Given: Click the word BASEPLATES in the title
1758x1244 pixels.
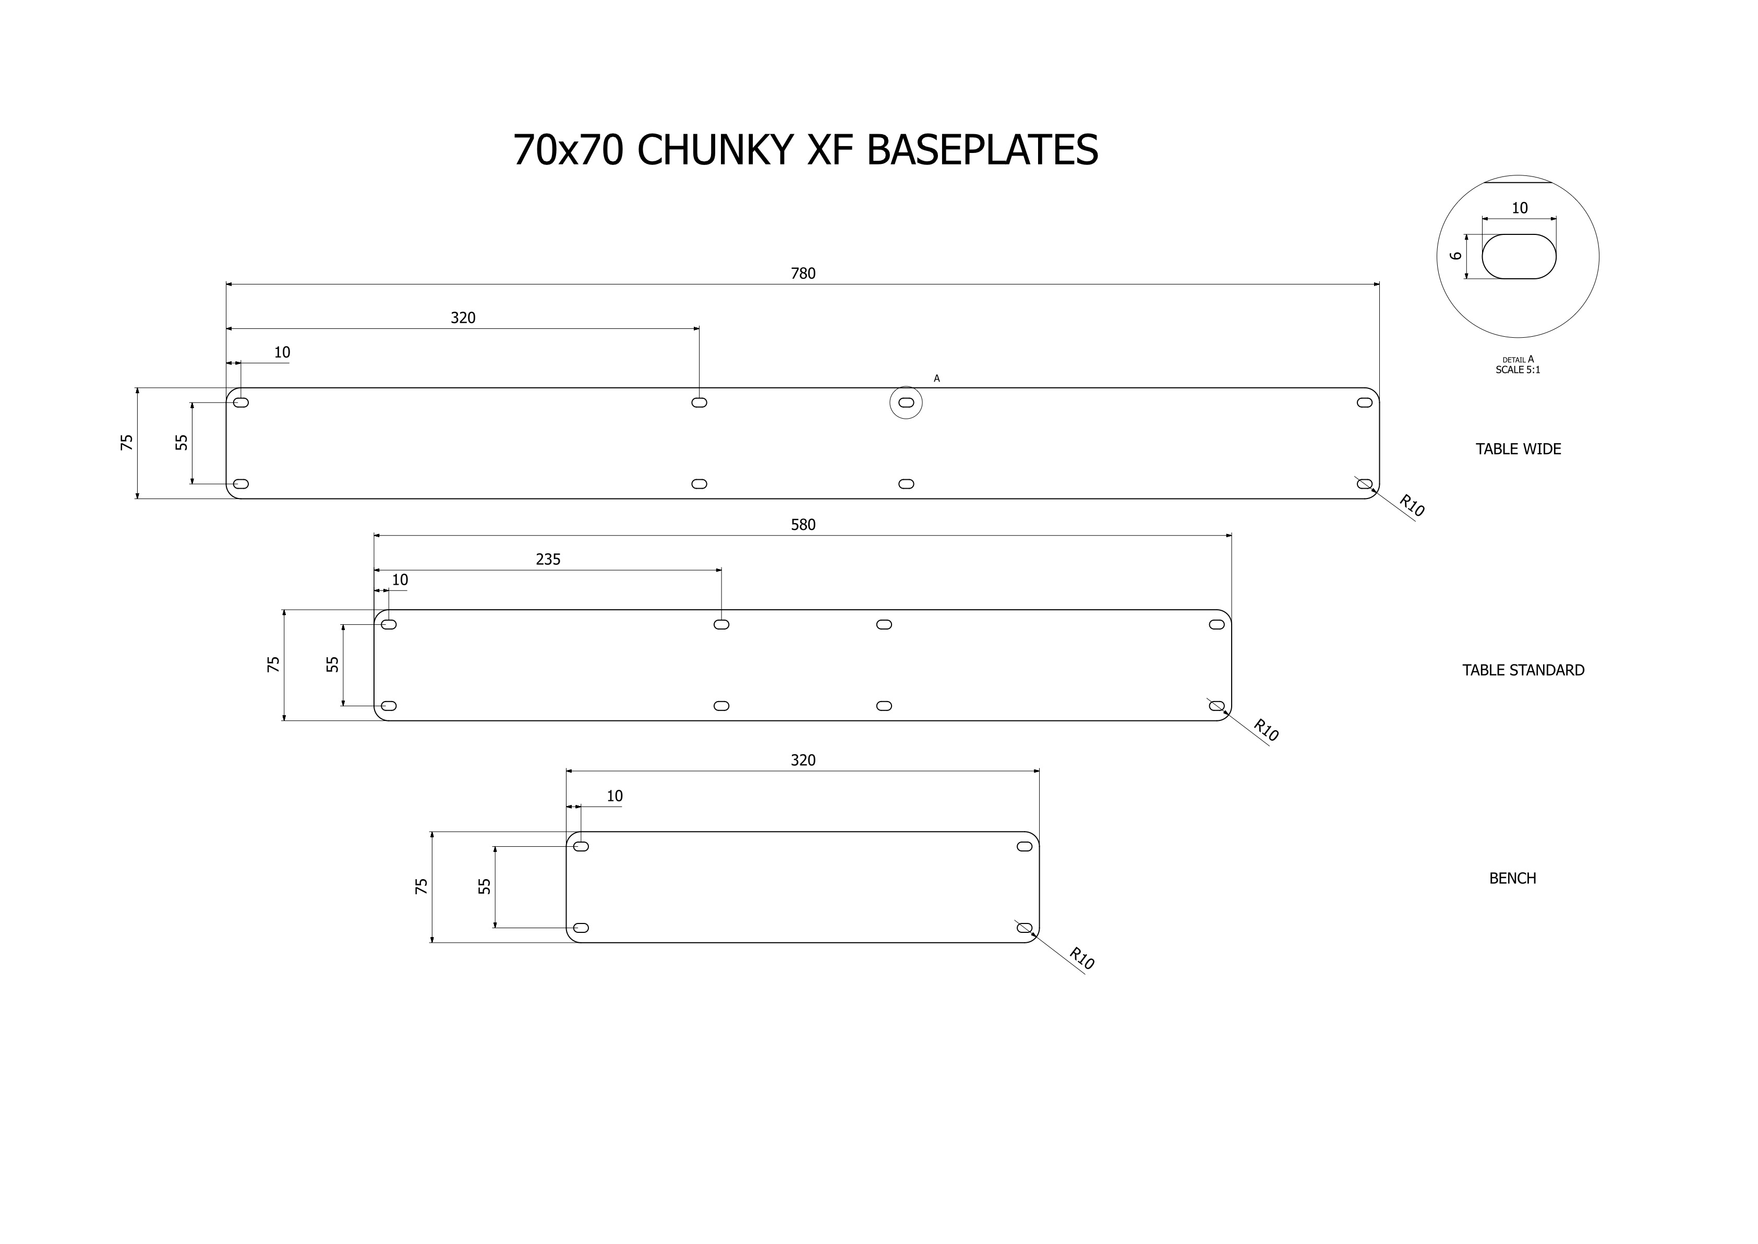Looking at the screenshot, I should click(x=982, y=150).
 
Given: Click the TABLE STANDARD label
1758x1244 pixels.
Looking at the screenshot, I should click(x=1523, y=670).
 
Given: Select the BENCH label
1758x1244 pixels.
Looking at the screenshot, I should click(x=1512, y=879).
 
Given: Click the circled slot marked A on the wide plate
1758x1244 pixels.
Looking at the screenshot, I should click(x=906, y=402).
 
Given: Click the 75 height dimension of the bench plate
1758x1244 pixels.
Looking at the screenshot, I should click(x=421, y=886).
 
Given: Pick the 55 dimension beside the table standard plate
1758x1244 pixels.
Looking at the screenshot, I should click(x=332, y=664).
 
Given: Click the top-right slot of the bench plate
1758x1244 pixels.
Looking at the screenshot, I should click(x=1025, y=846).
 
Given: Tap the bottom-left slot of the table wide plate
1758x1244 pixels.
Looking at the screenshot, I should click(x=240, y=484).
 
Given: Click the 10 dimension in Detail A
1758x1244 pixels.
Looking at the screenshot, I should click(x=1519, y=208).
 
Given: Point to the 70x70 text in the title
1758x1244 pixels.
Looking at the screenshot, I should click(x=568, y=150).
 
